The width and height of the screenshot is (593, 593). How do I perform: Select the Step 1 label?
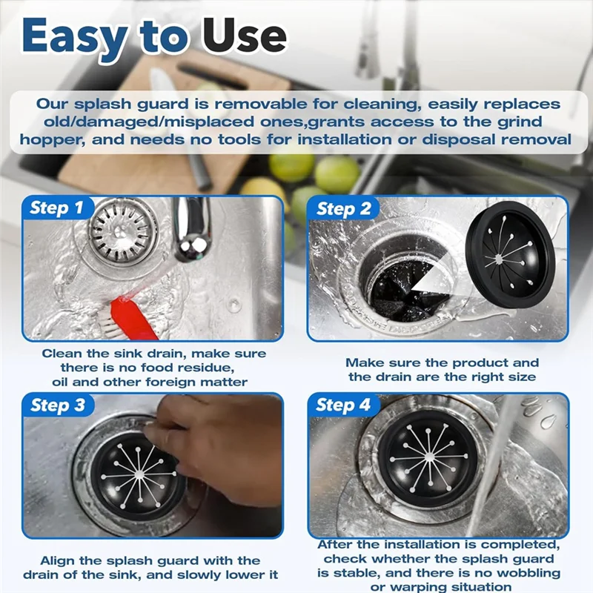pyautogui.click(x=56, y=208)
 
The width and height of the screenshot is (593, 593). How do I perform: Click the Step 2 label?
pyautogui.click(x=344, y=209)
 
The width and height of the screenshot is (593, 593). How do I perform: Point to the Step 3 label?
pyautogui.click(x=58, y=405)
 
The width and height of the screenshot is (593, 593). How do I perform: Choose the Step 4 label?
pyautogui.click(x=343, y=405)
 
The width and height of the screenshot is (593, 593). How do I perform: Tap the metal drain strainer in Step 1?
pyautogui.click(x=123, y=231)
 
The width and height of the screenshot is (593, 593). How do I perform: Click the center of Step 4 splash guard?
pyautogui.click(x=429, y=457)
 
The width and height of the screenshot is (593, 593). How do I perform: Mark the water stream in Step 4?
pyautogui.click(x=491, y=466)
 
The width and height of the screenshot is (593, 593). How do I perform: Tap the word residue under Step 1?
pyautogui.click(x=206, y=368)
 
